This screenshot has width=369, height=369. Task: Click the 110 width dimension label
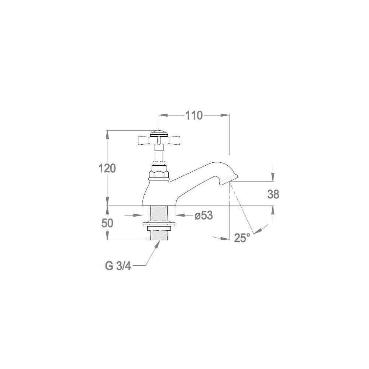[x=194, y=115]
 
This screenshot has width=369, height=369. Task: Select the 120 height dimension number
[x=107, y=168]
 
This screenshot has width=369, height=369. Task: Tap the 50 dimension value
[x=107, y=223]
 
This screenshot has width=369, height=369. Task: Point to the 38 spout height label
[x=273, y=194]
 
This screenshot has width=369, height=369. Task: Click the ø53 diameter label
[x=204, y=215]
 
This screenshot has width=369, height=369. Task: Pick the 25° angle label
[x=242, y=238]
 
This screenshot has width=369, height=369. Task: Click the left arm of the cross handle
[x=144, y=141]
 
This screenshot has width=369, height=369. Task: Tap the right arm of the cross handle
[x=173, y=141]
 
